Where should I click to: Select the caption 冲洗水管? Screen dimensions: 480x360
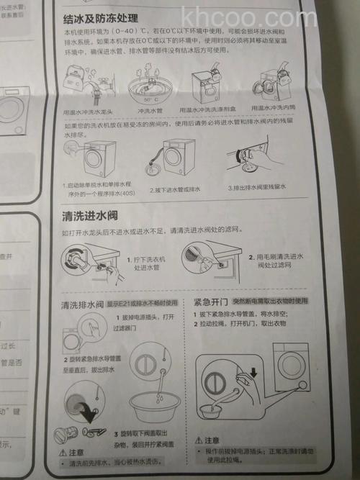(x=148, y=112)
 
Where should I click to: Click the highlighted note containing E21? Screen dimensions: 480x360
(x=145, y=302)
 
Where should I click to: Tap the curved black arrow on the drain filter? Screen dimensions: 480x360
(x=91, y=413)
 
